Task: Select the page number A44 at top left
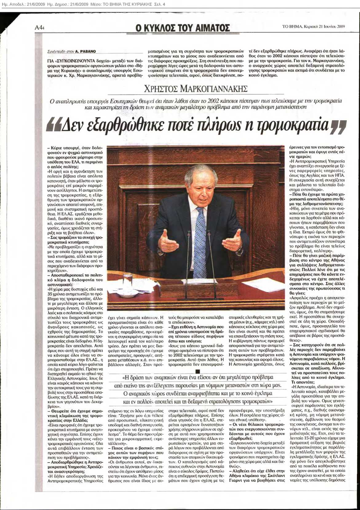coord(40,27)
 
